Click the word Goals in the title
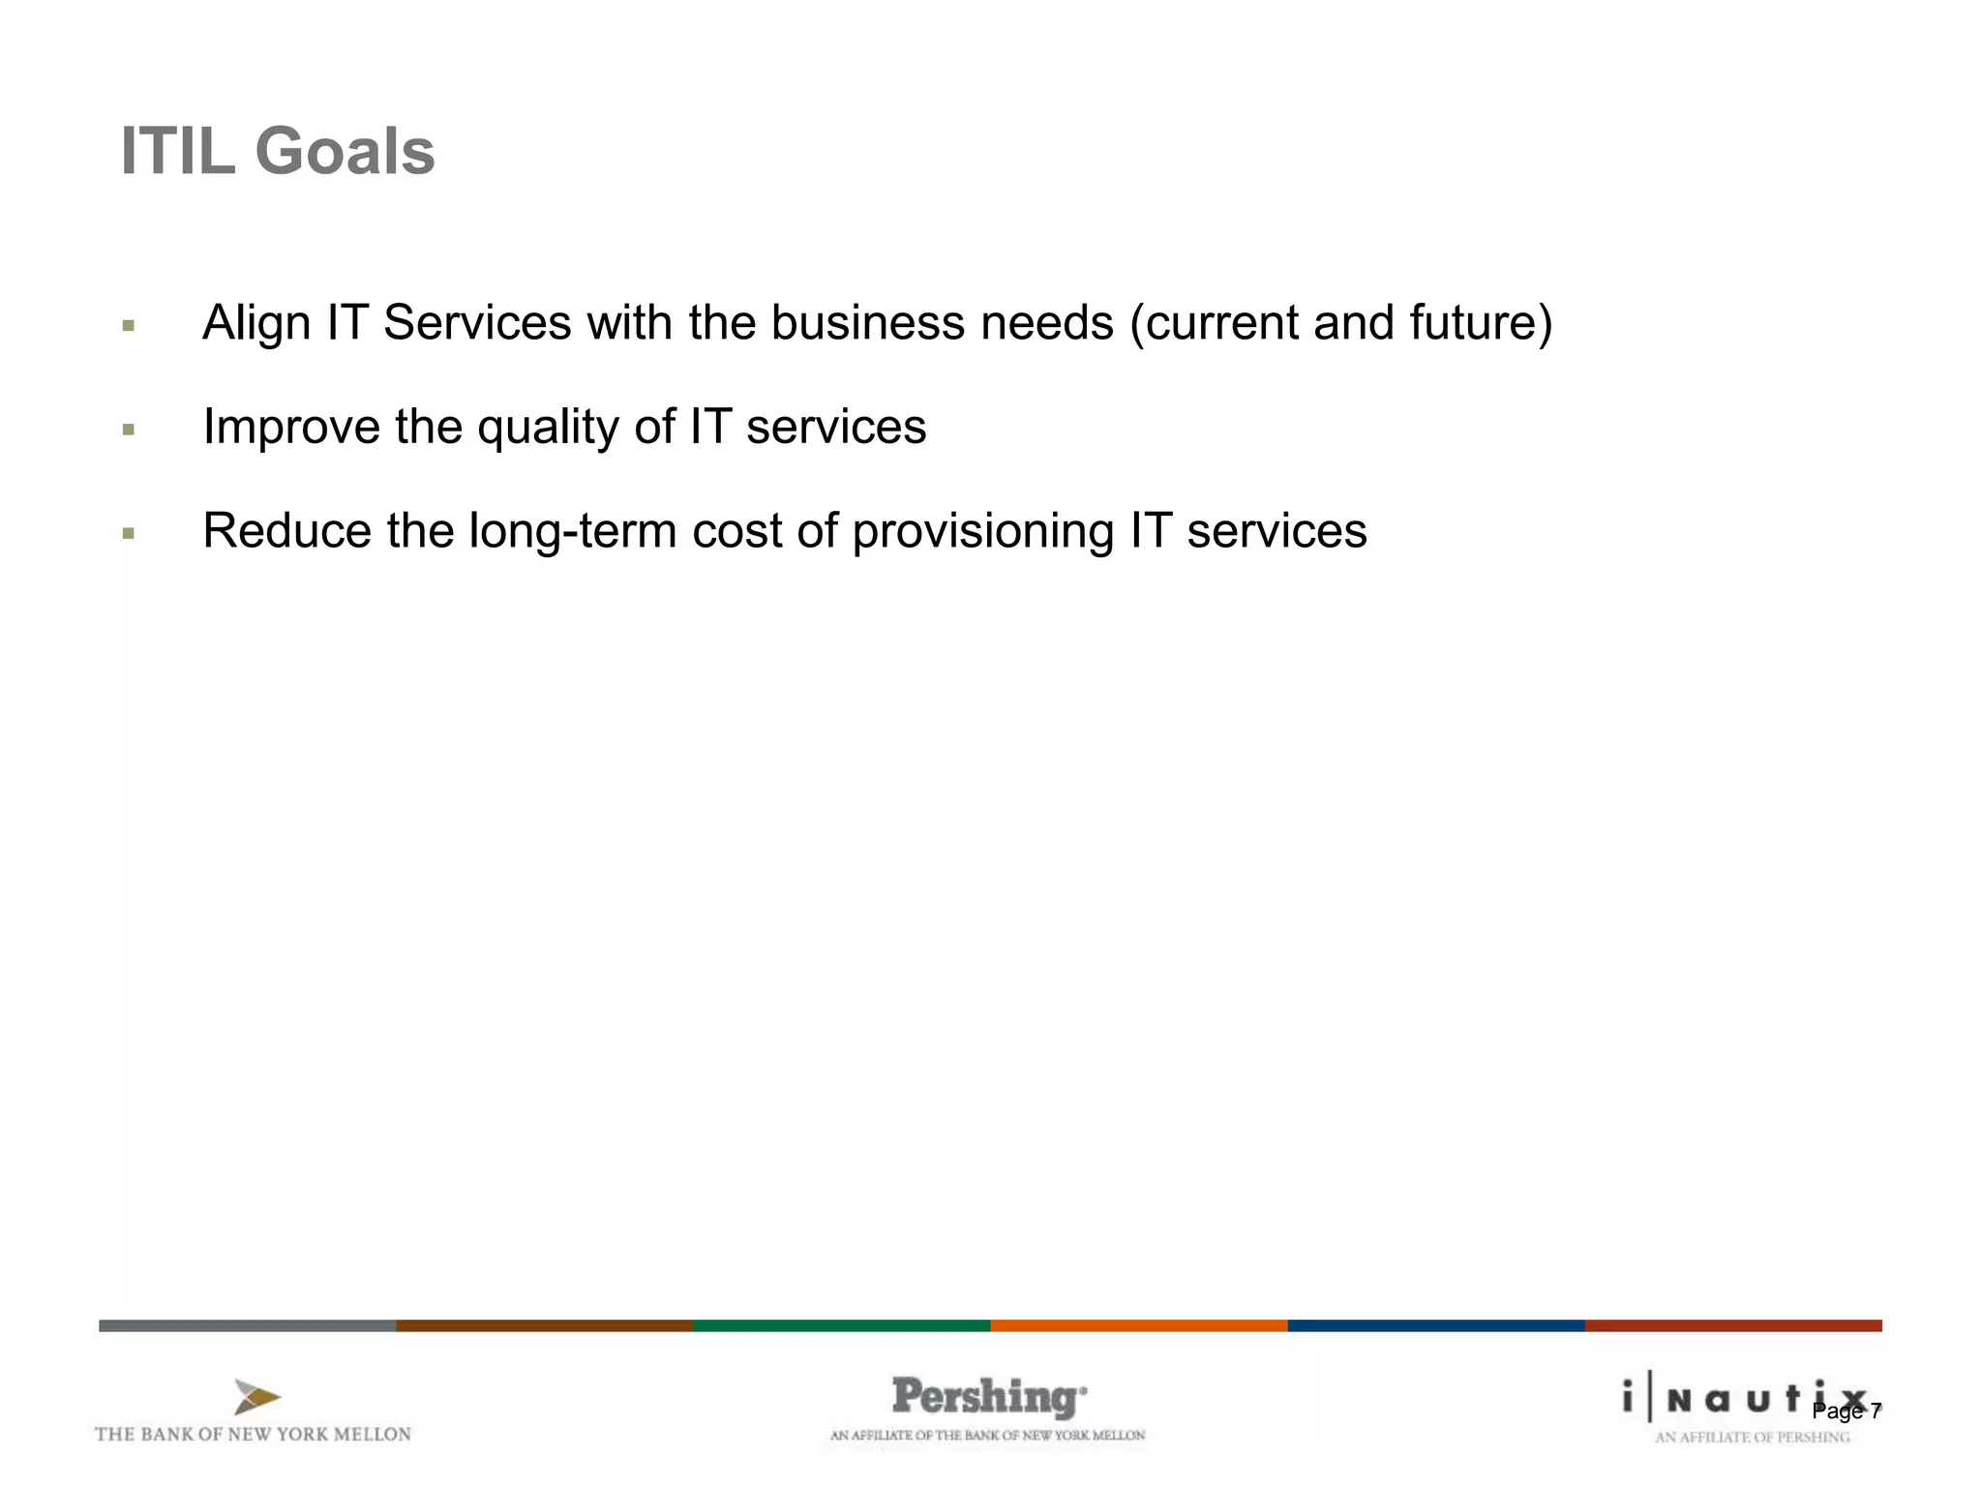(345, 152)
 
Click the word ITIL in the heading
(177, 152)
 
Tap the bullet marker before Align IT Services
(129, 326)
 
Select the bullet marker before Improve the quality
(129, 430)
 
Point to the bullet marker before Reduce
(129, 533)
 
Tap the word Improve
(290, 428)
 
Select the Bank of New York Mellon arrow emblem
(256, 1397)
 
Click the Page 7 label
(1847, 1412)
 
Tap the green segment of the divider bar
(841, 1325)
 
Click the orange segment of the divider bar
(1138, 1325)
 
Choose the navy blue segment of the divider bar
(1435, 1325)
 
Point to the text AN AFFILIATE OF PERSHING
(1752, 1438)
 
